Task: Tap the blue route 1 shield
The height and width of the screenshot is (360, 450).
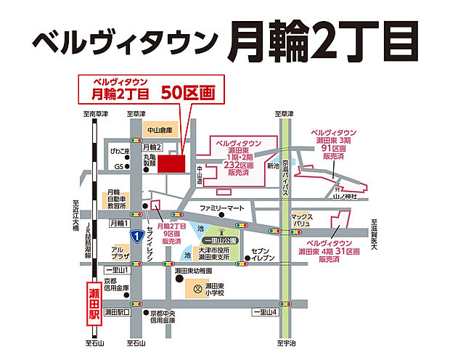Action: [x=136, y=236]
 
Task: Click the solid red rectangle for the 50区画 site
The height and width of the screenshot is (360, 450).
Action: [x=172, y=163]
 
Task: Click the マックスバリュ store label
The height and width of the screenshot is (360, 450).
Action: [x=300, y=219]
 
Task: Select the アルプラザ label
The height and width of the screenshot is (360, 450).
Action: [x=120, y=253]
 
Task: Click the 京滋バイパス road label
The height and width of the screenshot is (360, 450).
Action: [x=286, y=176]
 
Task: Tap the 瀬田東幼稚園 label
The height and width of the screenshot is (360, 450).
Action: [x=193, y=270]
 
